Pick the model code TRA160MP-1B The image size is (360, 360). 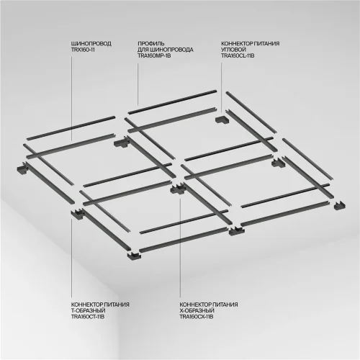[x=153, y=55]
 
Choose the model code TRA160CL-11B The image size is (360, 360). [x=238, y=55]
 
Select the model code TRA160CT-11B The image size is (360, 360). [x=88, y=316]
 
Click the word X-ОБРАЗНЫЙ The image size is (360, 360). [x=194, y=310]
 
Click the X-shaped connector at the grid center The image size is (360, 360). [x=178, y=191]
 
